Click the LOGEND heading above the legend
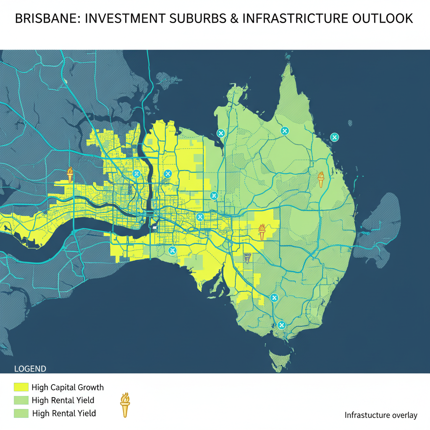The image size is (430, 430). click(x=30, y=369)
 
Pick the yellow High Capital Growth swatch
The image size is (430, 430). click(x=21, y=387)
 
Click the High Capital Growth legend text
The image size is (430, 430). click(x=67, y=387)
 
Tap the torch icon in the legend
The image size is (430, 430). click(x=125, y=405)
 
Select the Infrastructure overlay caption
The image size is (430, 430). click(x=381, y=415)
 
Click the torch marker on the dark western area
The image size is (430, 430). click(x=70, y=175)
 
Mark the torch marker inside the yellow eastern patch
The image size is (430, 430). click(x=262, y=232)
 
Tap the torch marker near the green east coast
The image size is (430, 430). click(x=321, y=179)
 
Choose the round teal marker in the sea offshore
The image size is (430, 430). click(x=334, y=137)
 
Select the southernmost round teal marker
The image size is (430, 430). click(x=282, y=325)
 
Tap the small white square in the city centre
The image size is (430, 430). click(x=155, y=228)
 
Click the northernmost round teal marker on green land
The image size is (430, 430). click(x=284, y=131)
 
